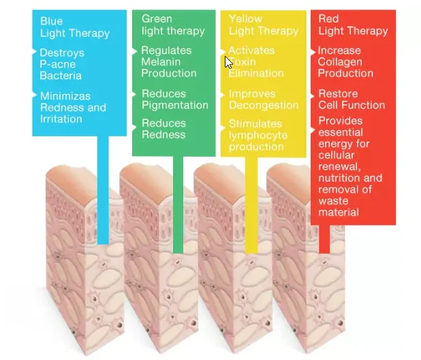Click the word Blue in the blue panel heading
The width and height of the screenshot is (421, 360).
51,21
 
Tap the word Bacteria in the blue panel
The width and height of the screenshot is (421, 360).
61,75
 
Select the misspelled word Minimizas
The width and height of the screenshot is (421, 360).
65,96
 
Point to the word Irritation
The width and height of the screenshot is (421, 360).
61,119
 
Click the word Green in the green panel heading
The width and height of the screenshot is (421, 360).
157,18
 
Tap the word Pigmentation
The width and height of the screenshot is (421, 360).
175,105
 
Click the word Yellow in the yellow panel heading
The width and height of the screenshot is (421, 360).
246,18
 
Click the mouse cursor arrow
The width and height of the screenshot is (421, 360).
229,62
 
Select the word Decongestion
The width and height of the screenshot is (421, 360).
263,105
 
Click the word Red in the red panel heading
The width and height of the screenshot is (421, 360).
328,18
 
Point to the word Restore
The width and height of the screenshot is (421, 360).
337,93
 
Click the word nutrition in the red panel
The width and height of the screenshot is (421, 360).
339,178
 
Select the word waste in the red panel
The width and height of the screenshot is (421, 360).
333,201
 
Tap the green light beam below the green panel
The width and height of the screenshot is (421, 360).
178,205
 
